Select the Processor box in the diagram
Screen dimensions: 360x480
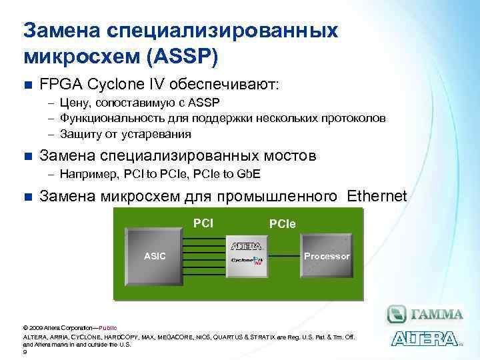pyautogui.click(x=327, y=256)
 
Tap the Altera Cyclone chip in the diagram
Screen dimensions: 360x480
pyautogui.click(x=246, y=255)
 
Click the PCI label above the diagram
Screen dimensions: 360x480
pyautogui.click(x=203, y=222)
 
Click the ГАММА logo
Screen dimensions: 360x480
pyautogui.click(x=425, y=314)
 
